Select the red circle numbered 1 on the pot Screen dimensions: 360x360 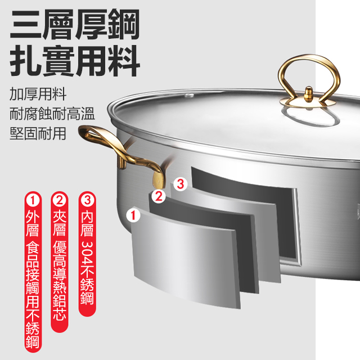click(134, 214)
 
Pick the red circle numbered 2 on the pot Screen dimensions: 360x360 click(158, 196)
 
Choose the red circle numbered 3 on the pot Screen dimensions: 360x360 click(179, 183)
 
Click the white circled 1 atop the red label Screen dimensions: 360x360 click(33, 200)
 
